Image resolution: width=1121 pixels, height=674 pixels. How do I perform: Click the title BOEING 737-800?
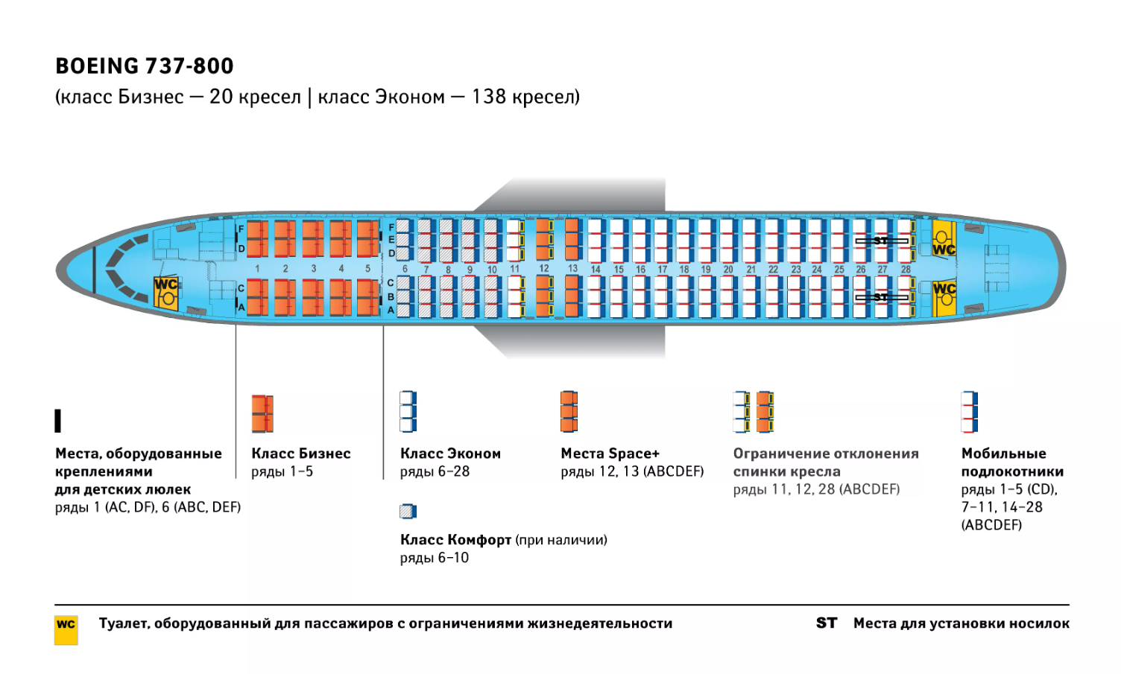145,66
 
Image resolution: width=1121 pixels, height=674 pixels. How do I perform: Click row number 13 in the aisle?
572,268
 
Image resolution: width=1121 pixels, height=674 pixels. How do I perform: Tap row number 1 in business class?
257,268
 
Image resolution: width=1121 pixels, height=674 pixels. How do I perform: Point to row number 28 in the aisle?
906,270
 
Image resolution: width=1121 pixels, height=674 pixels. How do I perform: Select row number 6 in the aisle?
405,270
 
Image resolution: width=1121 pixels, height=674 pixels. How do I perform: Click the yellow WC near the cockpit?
166,293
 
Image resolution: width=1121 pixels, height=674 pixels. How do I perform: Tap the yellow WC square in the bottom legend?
66,629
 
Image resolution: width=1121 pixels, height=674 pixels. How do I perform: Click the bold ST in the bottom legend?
826,623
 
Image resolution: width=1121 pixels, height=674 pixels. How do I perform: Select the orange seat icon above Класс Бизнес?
262,413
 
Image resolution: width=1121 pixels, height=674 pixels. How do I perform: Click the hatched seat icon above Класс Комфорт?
408,511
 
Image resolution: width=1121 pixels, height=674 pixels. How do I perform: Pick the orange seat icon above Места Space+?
569,411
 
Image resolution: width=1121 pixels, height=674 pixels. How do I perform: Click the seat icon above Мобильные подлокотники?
969,411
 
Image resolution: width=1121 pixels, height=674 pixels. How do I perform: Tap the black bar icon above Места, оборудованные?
58,421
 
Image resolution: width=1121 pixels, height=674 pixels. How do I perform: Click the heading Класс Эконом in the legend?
450,454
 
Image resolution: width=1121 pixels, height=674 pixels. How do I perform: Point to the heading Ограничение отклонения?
825,454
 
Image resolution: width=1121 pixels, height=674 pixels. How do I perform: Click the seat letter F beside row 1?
241,229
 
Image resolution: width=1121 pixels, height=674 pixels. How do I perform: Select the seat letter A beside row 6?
391,310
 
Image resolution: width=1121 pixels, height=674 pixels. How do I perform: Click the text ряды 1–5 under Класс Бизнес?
282,472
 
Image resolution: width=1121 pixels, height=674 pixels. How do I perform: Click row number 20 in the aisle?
728,270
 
